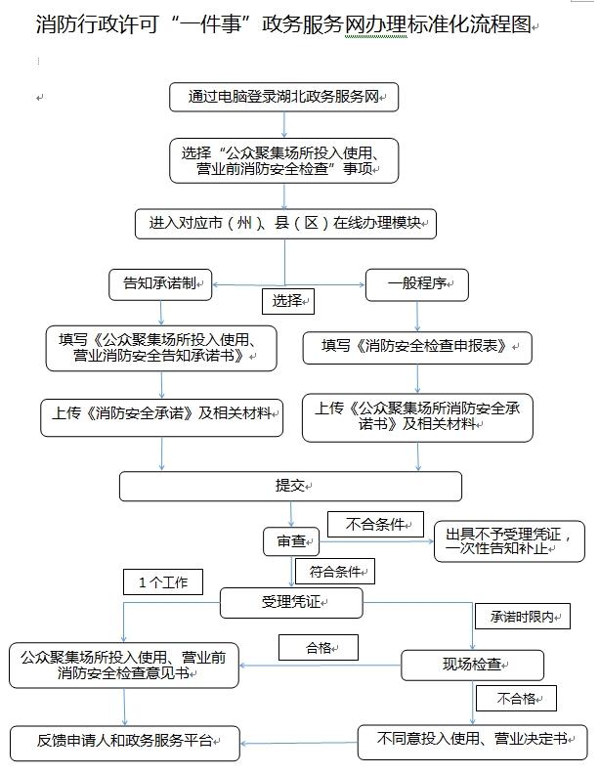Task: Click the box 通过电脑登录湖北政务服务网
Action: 283,97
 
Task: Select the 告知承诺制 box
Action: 160,284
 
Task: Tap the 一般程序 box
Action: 417,284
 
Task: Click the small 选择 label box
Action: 288,301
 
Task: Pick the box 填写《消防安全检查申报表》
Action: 417,348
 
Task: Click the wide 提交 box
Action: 290,487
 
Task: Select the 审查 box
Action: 291,541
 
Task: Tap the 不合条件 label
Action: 375,524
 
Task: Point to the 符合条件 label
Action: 335,572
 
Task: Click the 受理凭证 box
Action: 291,602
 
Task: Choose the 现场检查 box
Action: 473,665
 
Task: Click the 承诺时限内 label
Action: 523,616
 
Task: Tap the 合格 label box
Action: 319,648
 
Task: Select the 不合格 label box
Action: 516,698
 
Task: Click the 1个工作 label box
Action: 163,582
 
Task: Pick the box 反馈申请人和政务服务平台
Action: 125,743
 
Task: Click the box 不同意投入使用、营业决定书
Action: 473,742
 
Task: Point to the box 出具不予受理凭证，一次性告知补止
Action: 509,541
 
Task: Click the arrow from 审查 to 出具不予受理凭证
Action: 376,541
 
